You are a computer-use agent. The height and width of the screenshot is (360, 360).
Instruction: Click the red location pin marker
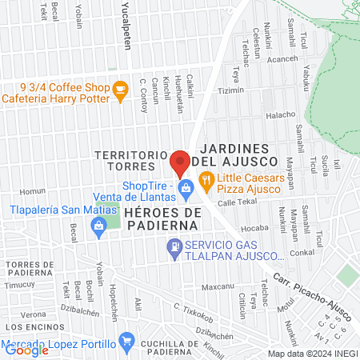pyautogui.click(x=180, y=163)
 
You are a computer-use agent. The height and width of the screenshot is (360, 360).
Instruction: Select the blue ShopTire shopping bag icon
pyautogui.click(x=186, y=190)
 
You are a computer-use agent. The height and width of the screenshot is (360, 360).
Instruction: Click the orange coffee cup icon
pyautogui.click(x=120, y=90)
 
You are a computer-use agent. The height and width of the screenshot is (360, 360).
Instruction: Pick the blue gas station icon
pyautogui.click(x=173, y=249)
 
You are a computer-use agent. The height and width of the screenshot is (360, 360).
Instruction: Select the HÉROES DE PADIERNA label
pyautogui.click(x=161, y=218)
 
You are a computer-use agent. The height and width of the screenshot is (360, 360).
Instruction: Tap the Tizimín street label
pyautogui.click(x=230, y=90)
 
